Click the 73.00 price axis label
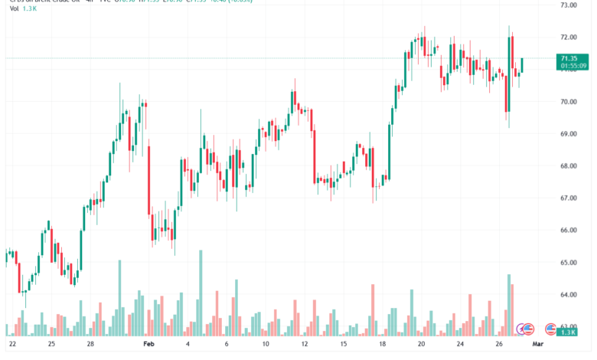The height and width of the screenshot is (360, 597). pos(568,5)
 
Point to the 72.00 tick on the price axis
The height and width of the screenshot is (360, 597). pos(568,37)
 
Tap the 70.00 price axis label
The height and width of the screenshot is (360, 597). pos(568,101)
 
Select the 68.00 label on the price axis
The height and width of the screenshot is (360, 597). pos(568,165)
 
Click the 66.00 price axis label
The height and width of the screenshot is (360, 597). pos(568,230)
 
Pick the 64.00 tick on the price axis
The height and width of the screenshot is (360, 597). pos(568,294)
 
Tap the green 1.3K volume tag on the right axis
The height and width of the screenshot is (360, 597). pos(568,332)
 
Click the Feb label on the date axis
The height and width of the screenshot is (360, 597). pos(148,345)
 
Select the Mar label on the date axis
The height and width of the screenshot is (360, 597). pos(538,345)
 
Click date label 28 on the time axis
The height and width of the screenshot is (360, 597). pos(90,345)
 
